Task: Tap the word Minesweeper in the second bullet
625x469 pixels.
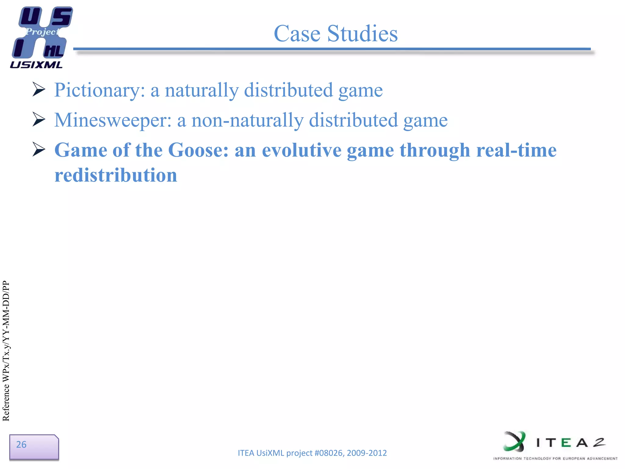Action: [x=113, y=120]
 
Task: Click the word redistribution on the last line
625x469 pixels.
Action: [x=116, y=175]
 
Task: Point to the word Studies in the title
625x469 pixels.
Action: [x=363, y=34]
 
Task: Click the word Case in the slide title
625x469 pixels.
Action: [x=297, y=34]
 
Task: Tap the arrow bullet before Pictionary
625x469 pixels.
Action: [x=39, y=90]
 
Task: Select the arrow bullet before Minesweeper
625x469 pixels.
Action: [x=39, y=119]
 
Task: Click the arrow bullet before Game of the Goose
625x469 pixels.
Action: [x=39, y=150]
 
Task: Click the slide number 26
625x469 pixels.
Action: [x=21, y=445]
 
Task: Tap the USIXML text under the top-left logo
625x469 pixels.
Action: [x=36, y=65]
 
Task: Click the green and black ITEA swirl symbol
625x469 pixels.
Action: [x=515, y=442]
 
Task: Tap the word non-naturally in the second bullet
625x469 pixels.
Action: [x=247, y=120]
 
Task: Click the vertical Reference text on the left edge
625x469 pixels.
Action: [x=6, y=351]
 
